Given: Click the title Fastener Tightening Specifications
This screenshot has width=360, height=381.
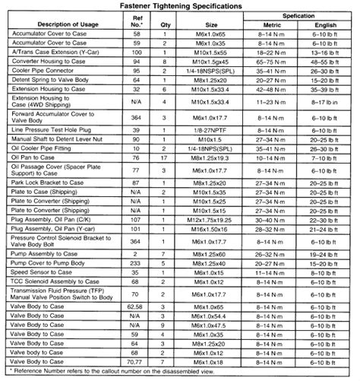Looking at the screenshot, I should pos(180,5).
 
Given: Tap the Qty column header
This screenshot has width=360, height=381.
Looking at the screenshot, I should pos(166,23).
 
